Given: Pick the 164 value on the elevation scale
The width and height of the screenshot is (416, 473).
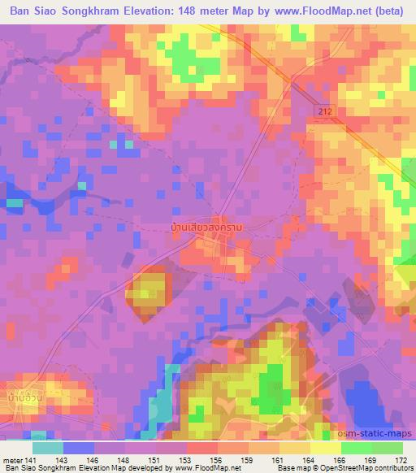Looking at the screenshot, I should pos(308,459).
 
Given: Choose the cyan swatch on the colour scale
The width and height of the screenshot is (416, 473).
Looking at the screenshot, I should pos(47,448).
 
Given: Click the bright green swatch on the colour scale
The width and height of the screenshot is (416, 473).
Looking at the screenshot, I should pos(356,448).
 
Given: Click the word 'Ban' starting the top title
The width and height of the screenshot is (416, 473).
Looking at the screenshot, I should pos(23,11).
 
